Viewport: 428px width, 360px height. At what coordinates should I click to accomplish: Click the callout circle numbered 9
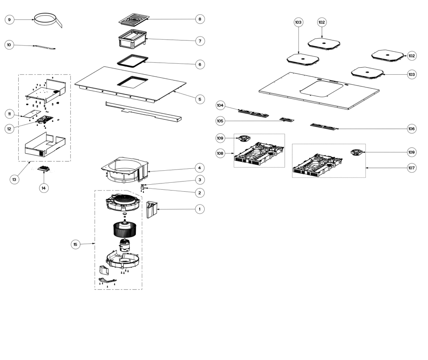click(10, 19)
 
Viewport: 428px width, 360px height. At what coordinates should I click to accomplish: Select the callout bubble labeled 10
click(9, 45)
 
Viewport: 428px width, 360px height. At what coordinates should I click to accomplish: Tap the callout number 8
click(200, 19)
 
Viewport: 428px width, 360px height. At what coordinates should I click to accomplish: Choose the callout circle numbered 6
click(200, 64)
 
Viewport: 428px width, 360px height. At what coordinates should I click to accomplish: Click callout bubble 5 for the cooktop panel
click(200, 99)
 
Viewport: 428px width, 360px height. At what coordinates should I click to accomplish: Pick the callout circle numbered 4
click(200, 168)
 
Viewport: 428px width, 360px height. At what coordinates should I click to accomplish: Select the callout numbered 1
click(200, 209)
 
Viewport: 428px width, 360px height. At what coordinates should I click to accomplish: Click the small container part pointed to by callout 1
click(151, 210)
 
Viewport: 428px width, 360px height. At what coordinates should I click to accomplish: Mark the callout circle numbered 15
click(76, 245)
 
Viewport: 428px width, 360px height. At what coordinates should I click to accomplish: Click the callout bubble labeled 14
click(44, 188)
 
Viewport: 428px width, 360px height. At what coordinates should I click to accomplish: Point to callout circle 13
click(14, 180)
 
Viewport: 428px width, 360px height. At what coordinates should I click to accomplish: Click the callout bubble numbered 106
click(411, 128)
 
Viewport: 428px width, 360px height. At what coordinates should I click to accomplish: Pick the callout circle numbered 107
click(411, 168)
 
